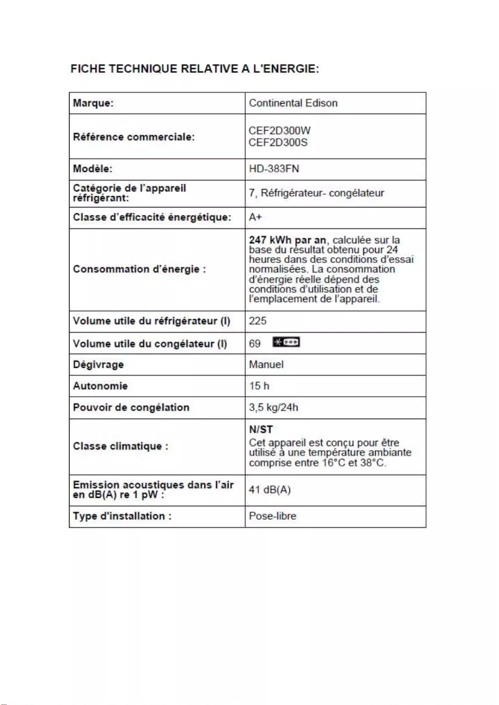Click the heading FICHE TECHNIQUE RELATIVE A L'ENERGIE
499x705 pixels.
click(195, 68)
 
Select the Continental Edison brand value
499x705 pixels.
click(293, 103)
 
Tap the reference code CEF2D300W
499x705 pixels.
click(279, 132)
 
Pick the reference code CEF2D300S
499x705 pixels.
click(278, 142)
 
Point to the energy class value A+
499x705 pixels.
click(256, 217)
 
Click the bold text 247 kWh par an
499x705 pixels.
click(287, 240)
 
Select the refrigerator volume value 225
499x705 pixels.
click(258, 321)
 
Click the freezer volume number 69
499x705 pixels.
click(255, 343)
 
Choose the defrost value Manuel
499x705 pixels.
click(266, 364)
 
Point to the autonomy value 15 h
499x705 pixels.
click(259, 386)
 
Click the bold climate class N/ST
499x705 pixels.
click(261, 430)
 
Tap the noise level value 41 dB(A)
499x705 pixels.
click(269, 490)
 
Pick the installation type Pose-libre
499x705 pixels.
click(273, 516)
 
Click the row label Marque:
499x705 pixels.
click(93, 103)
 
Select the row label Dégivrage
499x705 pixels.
click(98, 364)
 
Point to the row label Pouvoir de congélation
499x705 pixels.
click(131, 408)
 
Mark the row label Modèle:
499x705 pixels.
click(93, 169)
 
